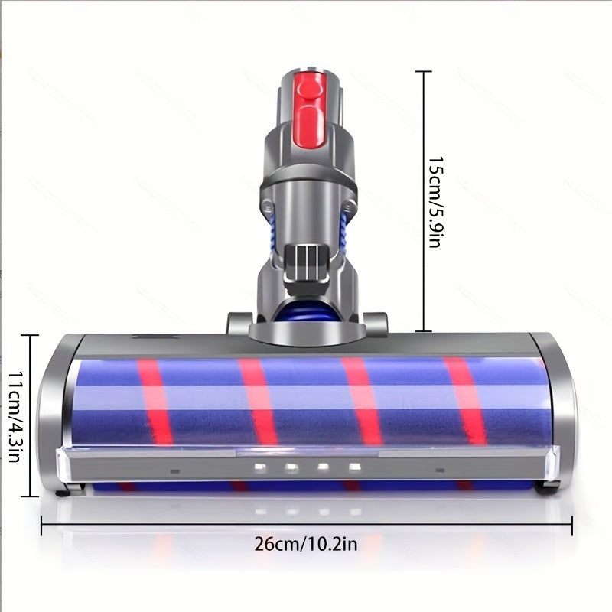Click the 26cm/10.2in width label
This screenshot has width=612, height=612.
305,544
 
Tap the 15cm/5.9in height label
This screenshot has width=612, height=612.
435,202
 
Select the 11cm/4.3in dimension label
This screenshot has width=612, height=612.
15,416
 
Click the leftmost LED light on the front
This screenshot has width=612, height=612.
259,467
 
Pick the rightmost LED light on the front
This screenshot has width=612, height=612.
354,467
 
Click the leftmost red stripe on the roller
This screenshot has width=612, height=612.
155,402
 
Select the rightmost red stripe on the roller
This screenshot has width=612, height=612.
464,401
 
